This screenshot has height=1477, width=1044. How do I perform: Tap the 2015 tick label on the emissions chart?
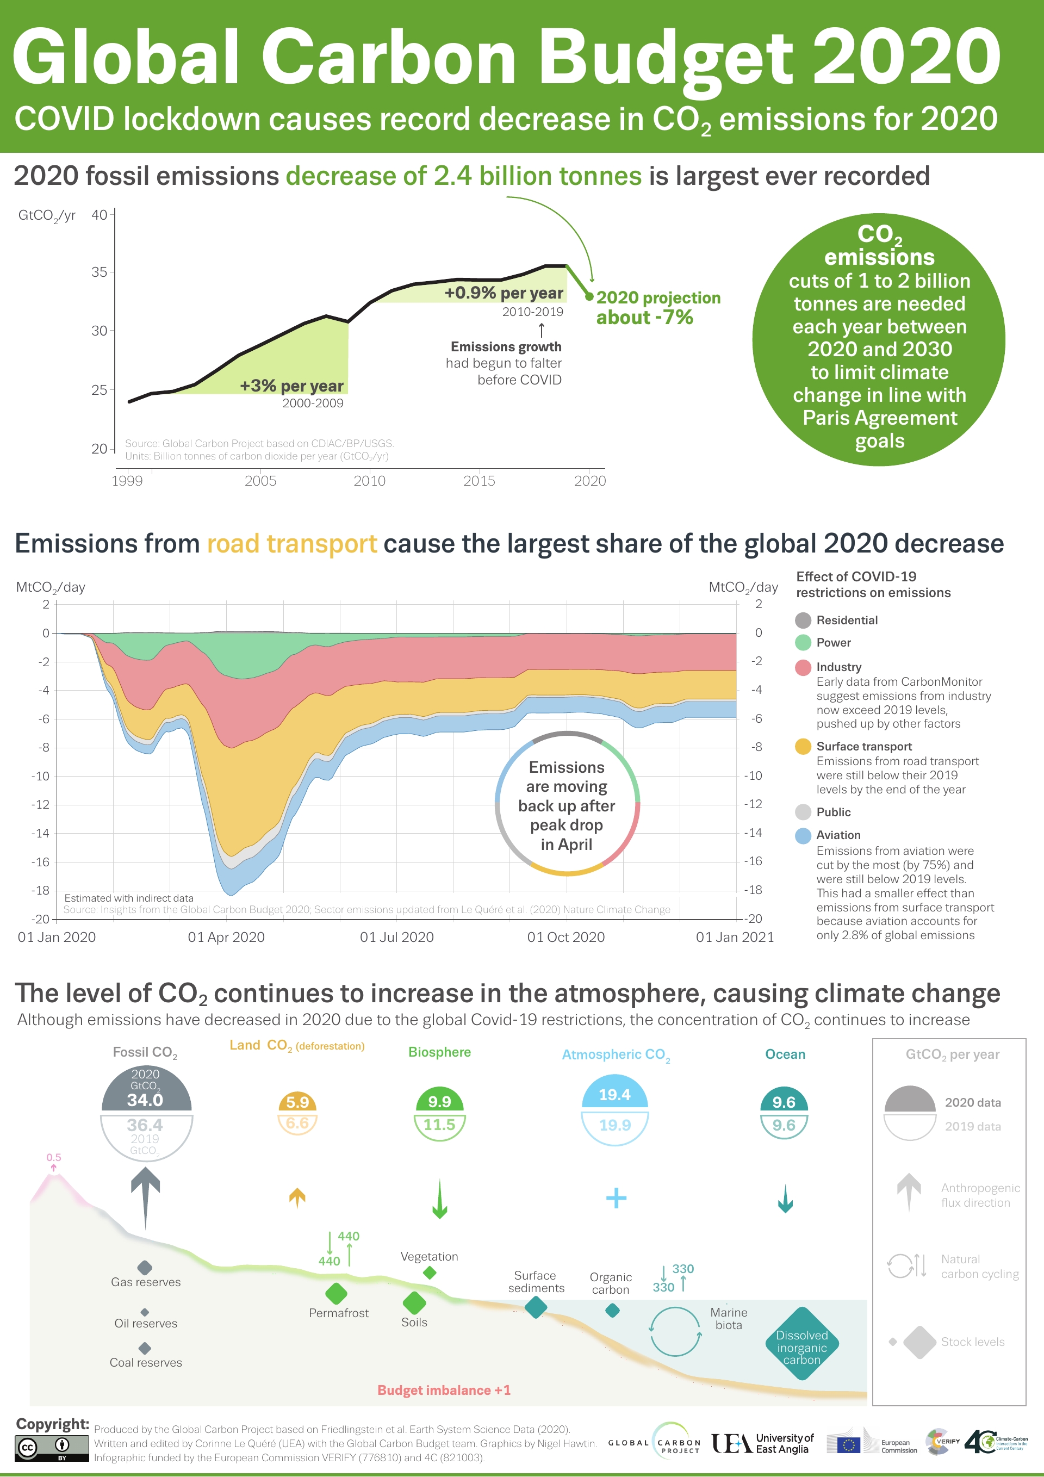pyautogui.click(x=479, y=481)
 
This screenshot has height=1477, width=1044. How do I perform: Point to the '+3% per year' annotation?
pyautogui.click(x=291, y=386)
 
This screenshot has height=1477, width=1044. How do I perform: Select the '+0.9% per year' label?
pyautogui.click(x=504, y=293)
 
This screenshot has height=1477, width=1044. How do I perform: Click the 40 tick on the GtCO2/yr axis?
pyautogui.click(x=99, y=215)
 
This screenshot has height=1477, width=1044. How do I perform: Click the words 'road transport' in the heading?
pyautogui.click(x=291, y=544)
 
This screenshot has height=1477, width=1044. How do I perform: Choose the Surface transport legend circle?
pyautogui.click(x=803, y=746)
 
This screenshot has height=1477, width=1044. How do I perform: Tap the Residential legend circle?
pyautogui.click(x=803, y=620)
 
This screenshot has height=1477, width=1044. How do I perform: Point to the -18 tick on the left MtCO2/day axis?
pyautogui.click(x=41, y=890)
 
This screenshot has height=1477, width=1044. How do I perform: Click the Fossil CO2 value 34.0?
pyautogui.click(x=145, y=1100)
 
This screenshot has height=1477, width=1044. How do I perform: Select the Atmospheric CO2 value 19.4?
pyautogui.click(x=614, y=1095)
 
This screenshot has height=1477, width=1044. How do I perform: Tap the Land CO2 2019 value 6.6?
pyautogui.click(x=297, y=1123)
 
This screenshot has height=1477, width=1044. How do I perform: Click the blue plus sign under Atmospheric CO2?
pyautogui.click(x=616, y=1198)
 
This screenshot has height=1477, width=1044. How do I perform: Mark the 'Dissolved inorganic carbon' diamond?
pyautogui.click(x=801, y=1343)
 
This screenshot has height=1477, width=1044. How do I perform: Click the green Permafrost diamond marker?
pyautogui.click(x=337, y=1293)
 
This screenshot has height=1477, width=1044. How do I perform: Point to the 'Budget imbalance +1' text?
pyautogui.click(x=444, y=1390)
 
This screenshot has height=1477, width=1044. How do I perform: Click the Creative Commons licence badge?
pyautogui.click(x=52, y=1448)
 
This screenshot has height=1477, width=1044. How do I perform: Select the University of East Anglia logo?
pyautogui.click(x=762, y=1443)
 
